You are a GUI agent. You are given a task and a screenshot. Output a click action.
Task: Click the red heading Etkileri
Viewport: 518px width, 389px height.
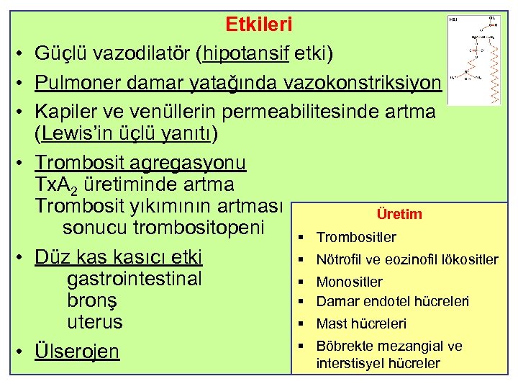(258, 24)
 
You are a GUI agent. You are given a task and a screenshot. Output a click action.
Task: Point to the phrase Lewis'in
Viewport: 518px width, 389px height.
(74, 135)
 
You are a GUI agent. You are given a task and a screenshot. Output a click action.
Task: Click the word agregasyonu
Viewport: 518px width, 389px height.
(188, 164)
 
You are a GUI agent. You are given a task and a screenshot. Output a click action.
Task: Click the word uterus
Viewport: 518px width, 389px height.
(94, 322)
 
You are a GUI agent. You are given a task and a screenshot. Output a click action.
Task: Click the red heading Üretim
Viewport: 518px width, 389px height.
(399, 214)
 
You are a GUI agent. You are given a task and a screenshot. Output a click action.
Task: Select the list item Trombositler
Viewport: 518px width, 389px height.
(356, 237)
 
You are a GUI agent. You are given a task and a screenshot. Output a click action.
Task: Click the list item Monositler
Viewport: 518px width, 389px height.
(349, 282)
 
